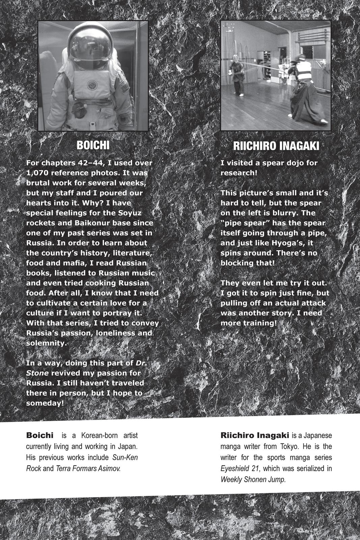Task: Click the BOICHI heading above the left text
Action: (93, 145)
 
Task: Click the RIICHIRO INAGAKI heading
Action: (276, 146)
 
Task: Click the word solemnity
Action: (45, 343)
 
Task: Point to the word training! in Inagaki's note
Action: (260, 323)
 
